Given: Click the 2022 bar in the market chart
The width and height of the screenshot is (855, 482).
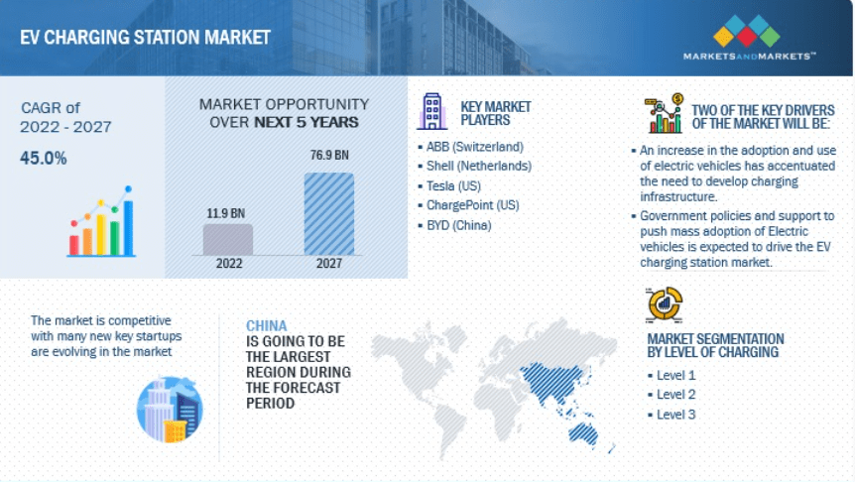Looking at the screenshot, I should [x=228, y=239].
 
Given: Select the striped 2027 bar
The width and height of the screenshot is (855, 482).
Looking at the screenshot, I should [x=328, y=213].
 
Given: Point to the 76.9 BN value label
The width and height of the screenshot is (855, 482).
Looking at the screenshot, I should [x=328, y=156].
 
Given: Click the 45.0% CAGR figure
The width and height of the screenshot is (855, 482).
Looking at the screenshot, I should [x=44, y=157].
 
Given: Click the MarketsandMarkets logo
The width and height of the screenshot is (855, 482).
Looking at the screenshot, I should [x=749, y=39].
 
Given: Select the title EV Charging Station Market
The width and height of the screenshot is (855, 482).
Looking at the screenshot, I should [x=145, y=38].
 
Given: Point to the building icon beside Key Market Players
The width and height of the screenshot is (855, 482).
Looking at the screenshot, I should [x=431, y=111].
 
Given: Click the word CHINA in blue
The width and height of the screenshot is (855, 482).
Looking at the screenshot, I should [x=267, y=325].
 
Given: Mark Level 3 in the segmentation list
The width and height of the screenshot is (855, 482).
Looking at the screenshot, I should [x=675, y=414].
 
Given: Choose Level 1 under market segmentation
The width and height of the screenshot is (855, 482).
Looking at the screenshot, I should [x=675, y=375].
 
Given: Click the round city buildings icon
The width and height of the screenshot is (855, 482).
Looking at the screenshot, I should [x=170, y=409].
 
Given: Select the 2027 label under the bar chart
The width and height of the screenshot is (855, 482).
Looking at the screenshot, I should [x=328, y=265].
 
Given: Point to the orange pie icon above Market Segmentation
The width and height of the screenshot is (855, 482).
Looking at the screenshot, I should [x=664, y=303].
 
